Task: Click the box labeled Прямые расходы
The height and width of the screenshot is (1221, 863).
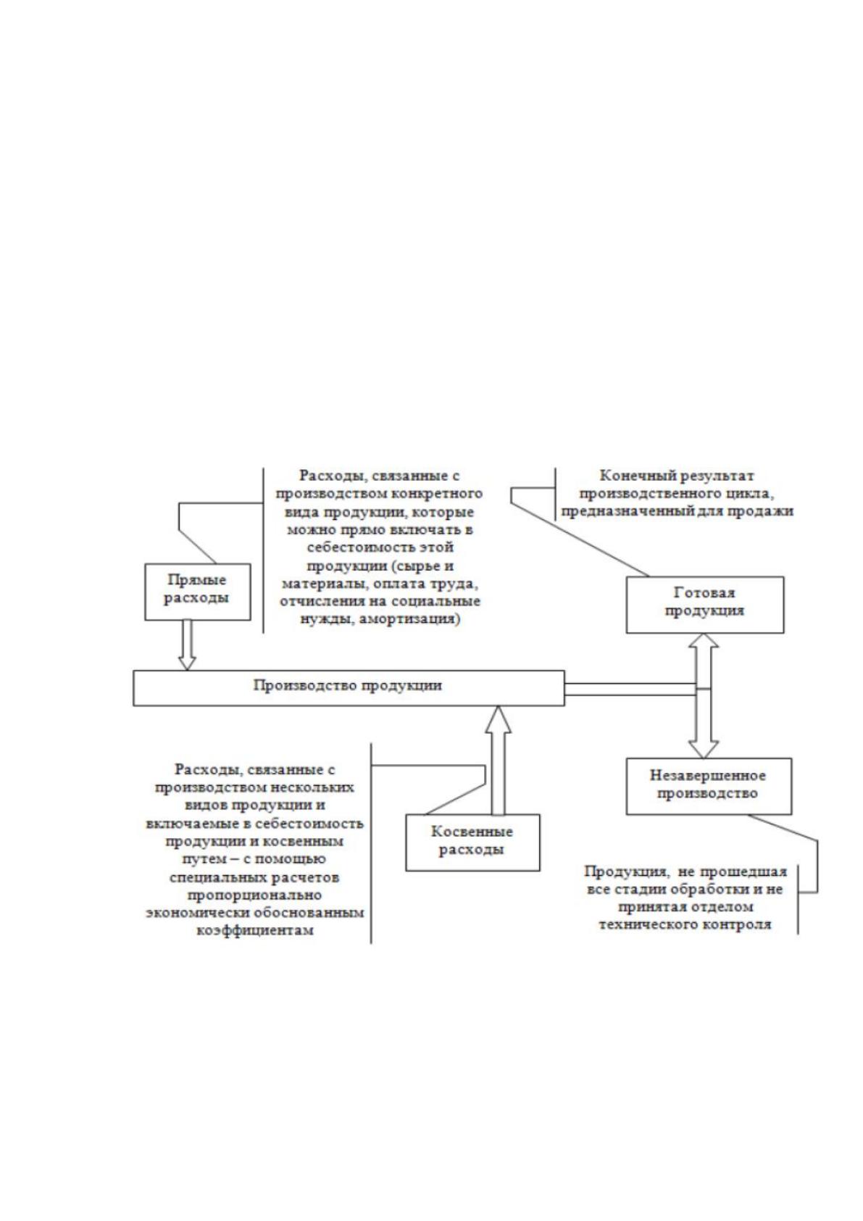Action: pos(197,592)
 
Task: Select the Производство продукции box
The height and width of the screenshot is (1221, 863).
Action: pos(349,688)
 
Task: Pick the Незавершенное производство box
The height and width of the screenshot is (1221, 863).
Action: pos(708,786)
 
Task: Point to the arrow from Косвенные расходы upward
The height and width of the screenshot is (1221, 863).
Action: pos(498,761)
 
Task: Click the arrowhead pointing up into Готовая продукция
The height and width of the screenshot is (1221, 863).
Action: pos(704,641)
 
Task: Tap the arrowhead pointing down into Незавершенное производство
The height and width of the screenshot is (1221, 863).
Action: pos(704,750)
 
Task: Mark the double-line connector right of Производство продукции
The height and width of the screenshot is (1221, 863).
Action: pos(630,690)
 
